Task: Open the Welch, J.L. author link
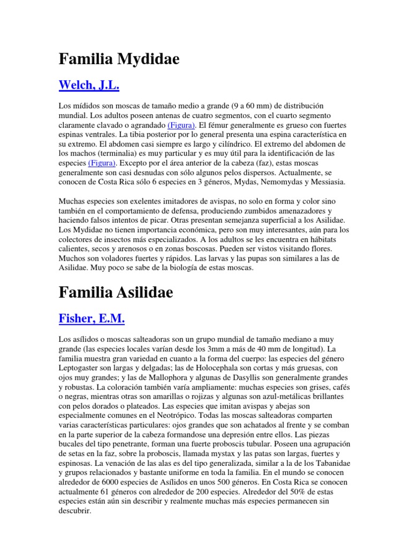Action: click(x=89, y=85)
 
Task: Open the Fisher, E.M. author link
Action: click(x=92, y=319)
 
